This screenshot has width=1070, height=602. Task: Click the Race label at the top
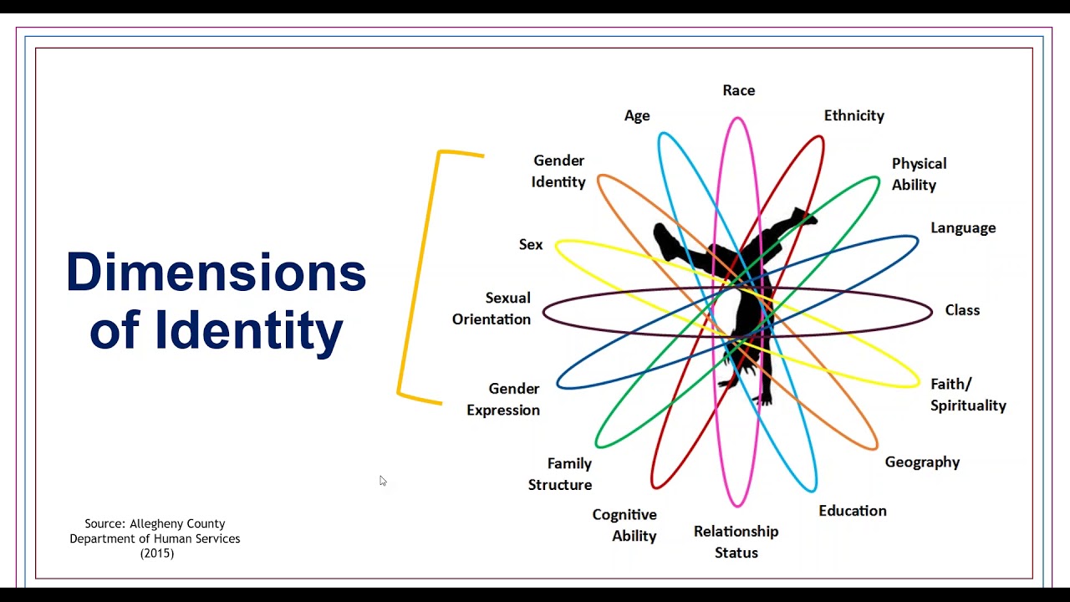[738, 90]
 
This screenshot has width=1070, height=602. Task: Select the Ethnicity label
[853, 115]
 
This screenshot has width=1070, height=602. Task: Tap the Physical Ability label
[919, 174]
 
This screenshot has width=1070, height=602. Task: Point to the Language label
[963, 228]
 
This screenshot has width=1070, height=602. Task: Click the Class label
[962, 310]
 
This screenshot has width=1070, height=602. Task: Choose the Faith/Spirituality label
[968, 395]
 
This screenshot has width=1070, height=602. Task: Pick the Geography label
[922, 462]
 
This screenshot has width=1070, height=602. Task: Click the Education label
[852, 511]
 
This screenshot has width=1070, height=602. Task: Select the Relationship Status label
[736, 542]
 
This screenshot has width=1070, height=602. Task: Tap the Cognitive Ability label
[624, 525]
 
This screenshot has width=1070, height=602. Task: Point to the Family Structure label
[560, 474]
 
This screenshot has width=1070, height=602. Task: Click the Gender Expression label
[503, 399]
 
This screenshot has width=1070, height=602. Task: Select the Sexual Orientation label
[492, 309]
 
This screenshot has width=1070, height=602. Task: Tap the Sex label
[531, 245]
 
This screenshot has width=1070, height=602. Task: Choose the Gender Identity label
[558, 171]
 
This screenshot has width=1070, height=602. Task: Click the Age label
[637, 116]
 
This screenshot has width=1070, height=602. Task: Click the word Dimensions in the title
[216, 273]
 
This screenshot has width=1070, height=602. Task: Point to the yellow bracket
[417, 276]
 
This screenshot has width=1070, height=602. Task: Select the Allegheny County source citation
[155, 538]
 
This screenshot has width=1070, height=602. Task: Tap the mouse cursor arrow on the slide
[382, 480]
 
